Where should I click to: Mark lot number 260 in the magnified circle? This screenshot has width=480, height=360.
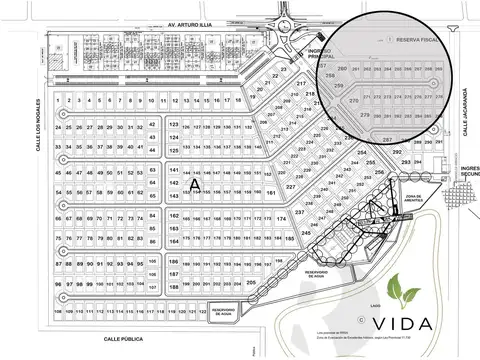[343, 68]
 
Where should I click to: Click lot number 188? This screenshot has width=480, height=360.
[173, 287]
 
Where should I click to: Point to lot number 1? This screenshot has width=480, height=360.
[61, 101]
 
